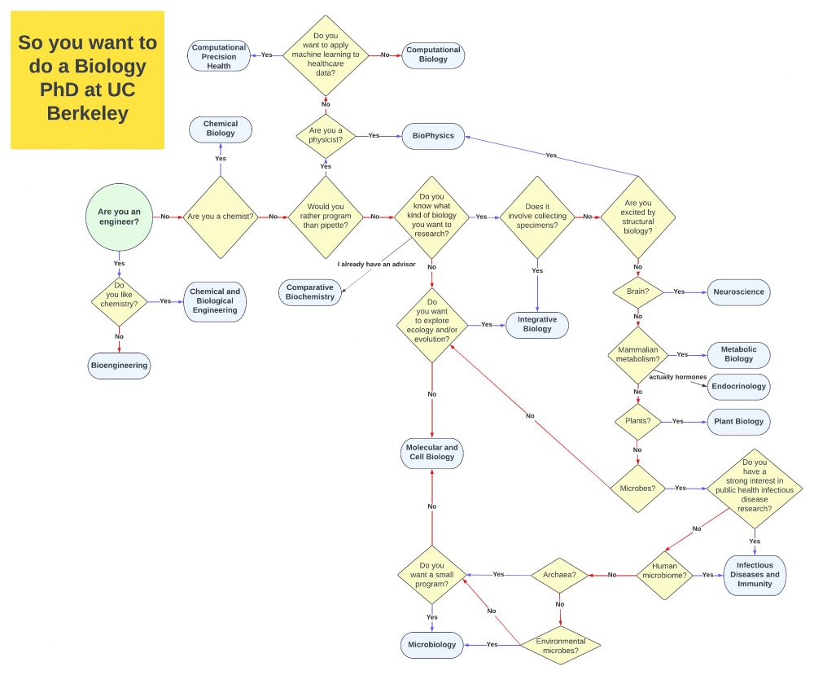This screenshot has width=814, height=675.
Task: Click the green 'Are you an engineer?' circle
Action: pos(119,217)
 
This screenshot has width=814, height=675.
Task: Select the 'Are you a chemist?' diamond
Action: pos(221,217)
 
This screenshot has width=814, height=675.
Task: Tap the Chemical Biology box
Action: pos(221,129)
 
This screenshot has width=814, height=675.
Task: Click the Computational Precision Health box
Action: pos(219,56)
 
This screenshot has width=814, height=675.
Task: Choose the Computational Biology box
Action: pos(433,55)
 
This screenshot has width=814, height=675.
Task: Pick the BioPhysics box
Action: pos(433,136)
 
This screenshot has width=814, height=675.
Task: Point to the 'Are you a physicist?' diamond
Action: pos(326,136)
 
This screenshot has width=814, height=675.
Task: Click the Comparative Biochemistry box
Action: pos(310,292)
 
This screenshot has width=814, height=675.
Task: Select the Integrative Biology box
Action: pos(537,324)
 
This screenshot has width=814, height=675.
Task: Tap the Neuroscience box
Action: pos(738,291)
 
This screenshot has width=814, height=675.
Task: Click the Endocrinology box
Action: pos(738,386)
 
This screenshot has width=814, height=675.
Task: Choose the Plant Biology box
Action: pos(738,422)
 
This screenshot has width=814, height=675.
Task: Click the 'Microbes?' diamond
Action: pos(638,489)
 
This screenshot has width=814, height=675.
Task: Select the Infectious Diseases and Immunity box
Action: pos(755,575)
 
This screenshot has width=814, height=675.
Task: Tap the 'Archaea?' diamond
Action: pos(560,575)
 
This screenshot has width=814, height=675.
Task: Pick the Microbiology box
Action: pos(432,645)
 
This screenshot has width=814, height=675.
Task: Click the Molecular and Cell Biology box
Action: pos(432,453)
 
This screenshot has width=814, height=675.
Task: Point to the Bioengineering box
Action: pos(119,366)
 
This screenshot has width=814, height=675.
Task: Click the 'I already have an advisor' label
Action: pos(377,265)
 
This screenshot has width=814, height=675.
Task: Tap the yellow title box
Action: pos(88,79)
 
